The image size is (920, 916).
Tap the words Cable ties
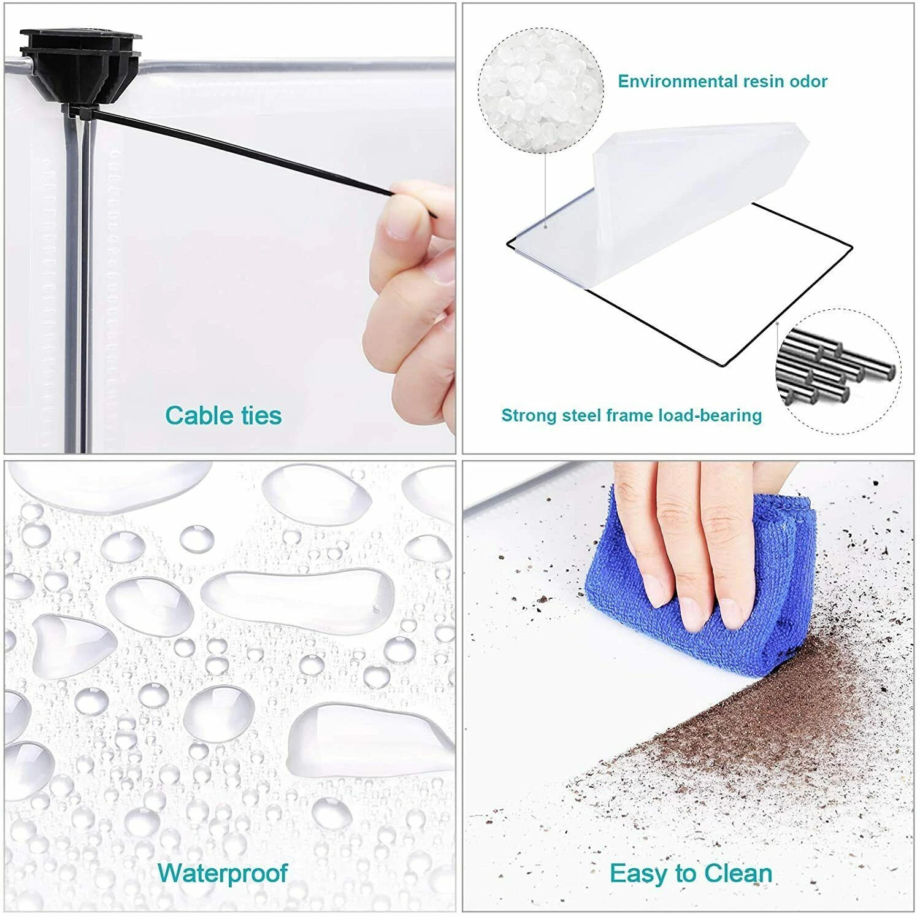point(223,415)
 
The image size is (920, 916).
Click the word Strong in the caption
point(527,415)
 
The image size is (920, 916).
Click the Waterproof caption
point(223,872)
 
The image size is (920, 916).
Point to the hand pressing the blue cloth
point(687,540)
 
